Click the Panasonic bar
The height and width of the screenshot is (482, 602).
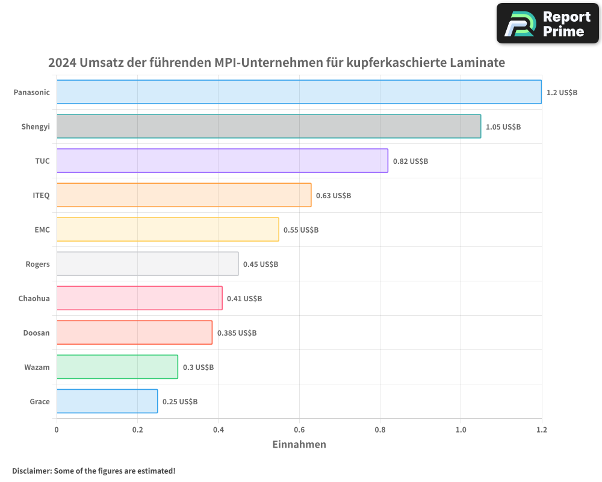tap(299, 92)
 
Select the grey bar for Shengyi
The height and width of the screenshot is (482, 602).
tap(268, 127)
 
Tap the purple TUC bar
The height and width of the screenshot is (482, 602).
tap(222, 161)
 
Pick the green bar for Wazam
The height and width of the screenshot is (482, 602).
tap(117, 367)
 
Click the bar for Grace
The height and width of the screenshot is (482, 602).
tap(107, 401)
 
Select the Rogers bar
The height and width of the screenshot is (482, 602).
tap(147, 264)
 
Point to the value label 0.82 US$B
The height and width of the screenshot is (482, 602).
tap(410, 161)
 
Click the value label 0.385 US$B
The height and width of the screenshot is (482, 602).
tap(237, 333)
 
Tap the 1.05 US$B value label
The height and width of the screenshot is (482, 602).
tap(503, 127)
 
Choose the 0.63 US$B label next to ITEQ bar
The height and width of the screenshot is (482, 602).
tap(334, 196)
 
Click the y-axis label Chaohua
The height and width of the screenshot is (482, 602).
tap(34, 298)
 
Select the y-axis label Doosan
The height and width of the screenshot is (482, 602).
tap(36, 333)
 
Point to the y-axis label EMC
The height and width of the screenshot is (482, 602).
tap(42, 230)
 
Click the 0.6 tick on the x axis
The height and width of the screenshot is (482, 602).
tap(299, 430)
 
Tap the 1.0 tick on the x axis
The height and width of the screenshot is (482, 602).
tap(461, 430)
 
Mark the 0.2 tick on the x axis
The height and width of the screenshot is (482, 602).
tap(137, 430)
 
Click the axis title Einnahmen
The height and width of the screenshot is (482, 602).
tap(299, 445)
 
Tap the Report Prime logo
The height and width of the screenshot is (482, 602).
tap(548, 23)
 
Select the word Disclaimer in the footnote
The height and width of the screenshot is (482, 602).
tap(31, 471)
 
